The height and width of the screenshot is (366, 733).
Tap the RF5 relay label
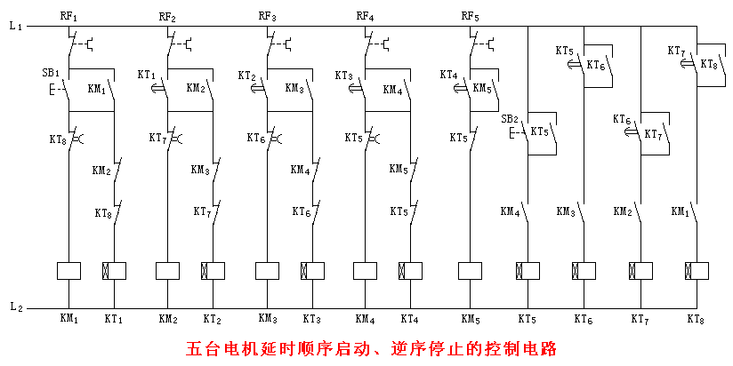(x=470, y=16)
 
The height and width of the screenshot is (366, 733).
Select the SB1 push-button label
(x=51, y=72)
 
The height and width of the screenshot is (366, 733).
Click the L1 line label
(x=14, y=27)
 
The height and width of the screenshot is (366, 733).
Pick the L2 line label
(x=15, y=306)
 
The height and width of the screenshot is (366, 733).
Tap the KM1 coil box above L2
(x=68, y=270)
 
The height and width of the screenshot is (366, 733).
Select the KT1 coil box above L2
(x=115, y=270)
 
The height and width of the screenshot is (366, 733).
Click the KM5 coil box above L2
(x=471, y=270)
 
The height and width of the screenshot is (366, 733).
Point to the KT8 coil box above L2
(x=697, y=270)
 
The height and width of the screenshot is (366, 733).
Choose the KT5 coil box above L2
(x=528, y=270)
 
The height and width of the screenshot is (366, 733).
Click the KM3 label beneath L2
(x=267, y=318)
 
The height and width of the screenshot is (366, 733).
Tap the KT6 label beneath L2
(x=584, y=318)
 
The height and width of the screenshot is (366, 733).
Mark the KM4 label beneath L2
(x=365, y=318)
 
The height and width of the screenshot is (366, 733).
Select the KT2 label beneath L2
(x=212, y=318)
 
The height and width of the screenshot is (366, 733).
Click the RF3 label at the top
(x=267, y=16)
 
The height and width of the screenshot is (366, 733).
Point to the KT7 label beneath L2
(x=640, y=318)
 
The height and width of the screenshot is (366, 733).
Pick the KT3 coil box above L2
(x=311, y=270)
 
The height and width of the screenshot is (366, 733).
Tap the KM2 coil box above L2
(x=167, y=270)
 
